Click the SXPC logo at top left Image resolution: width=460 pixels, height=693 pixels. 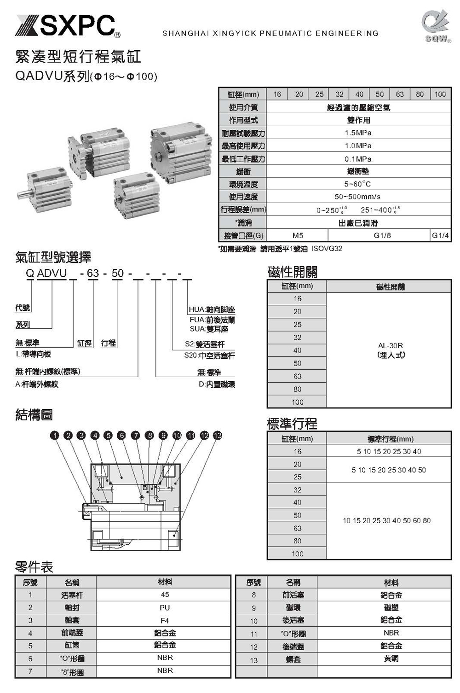tap(68, 26)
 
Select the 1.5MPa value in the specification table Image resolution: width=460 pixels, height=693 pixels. tap(358, 133)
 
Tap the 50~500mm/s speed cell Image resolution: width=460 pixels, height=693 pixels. tap(358, 197)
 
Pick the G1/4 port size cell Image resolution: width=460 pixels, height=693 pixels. tap(440, 235)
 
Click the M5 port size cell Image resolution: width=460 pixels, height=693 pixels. tap(298, 235)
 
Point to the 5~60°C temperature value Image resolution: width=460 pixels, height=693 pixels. tap(358, 184)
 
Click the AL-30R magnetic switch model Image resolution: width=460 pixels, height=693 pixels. tap(391, 346)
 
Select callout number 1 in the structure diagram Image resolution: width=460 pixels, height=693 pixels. tap(55, 435)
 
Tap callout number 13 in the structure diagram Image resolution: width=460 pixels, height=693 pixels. tap(218, 435)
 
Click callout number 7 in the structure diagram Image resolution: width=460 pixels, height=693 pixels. tap(136, 435)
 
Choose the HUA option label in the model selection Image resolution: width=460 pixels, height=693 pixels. tap(212, 310)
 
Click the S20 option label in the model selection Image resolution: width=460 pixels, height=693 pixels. tap(209, 355)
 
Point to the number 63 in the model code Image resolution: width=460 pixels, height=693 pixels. tap(93, 273)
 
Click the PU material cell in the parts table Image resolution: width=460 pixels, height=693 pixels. tap(165, 607)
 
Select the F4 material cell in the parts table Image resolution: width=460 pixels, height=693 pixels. tap(165, 620)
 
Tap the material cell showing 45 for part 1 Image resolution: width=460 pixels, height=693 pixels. tap(165, 594)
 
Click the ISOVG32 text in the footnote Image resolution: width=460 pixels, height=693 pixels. tap(327, 249)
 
